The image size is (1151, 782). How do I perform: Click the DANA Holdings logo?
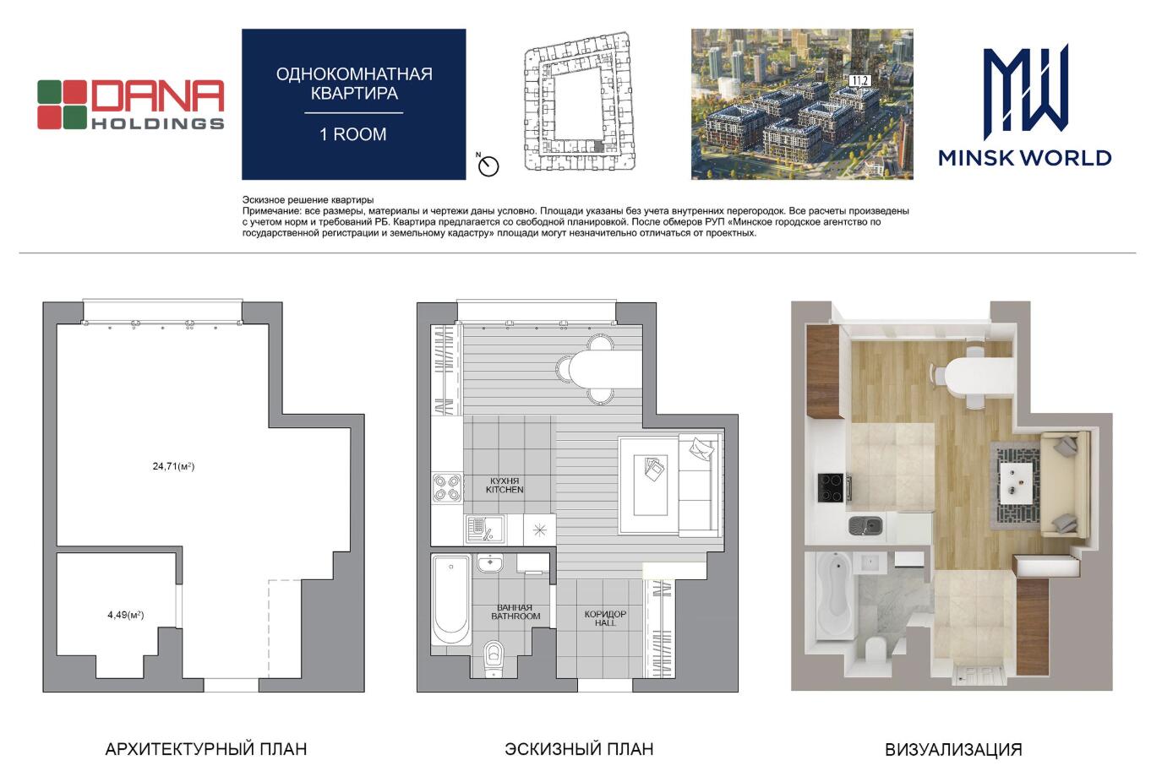[130, 104]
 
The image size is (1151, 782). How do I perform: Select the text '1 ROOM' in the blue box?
[353, 134]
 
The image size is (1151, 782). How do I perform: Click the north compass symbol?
[488, 166]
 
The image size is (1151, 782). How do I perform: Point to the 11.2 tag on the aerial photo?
[859, 81]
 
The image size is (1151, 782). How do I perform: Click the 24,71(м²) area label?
[174, 466]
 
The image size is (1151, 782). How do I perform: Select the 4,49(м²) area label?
[126, 615]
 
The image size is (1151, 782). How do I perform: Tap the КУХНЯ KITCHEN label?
[505, 486]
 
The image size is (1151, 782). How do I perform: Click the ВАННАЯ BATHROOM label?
[515, 611]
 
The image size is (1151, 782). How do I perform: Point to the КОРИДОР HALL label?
[605, 618]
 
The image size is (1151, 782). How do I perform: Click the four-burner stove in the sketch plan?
[446, 488]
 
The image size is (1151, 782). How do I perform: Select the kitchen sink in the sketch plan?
[485, 529]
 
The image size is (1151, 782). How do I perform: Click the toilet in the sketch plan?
[494, 659]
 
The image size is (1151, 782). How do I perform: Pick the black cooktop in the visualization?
[832, 487]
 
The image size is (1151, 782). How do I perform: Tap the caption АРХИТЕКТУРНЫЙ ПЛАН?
[206, 749]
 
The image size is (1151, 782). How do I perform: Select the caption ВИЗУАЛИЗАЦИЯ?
[953, 750]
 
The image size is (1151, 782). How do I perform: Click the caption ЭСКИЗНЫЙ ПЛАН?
[579, 749]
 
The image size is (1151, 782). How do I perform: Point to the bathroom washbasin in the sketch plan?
[490, 563]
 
